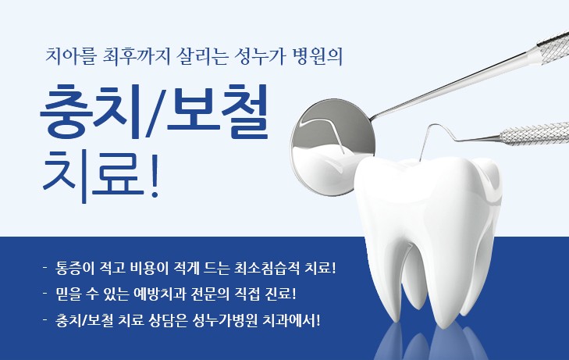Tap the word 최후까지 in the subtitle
pyautogui.click(x=136, y=56)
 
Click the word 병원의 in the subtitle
pyautogui.click(x=318, y=56)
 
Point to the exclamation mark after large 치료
pyautogui.click(x=155, y=175)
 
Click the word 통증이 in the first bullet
pyautogui.click(x=75, y=269)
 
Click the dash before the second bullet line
pyautogui.click(x=45, y=293)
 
